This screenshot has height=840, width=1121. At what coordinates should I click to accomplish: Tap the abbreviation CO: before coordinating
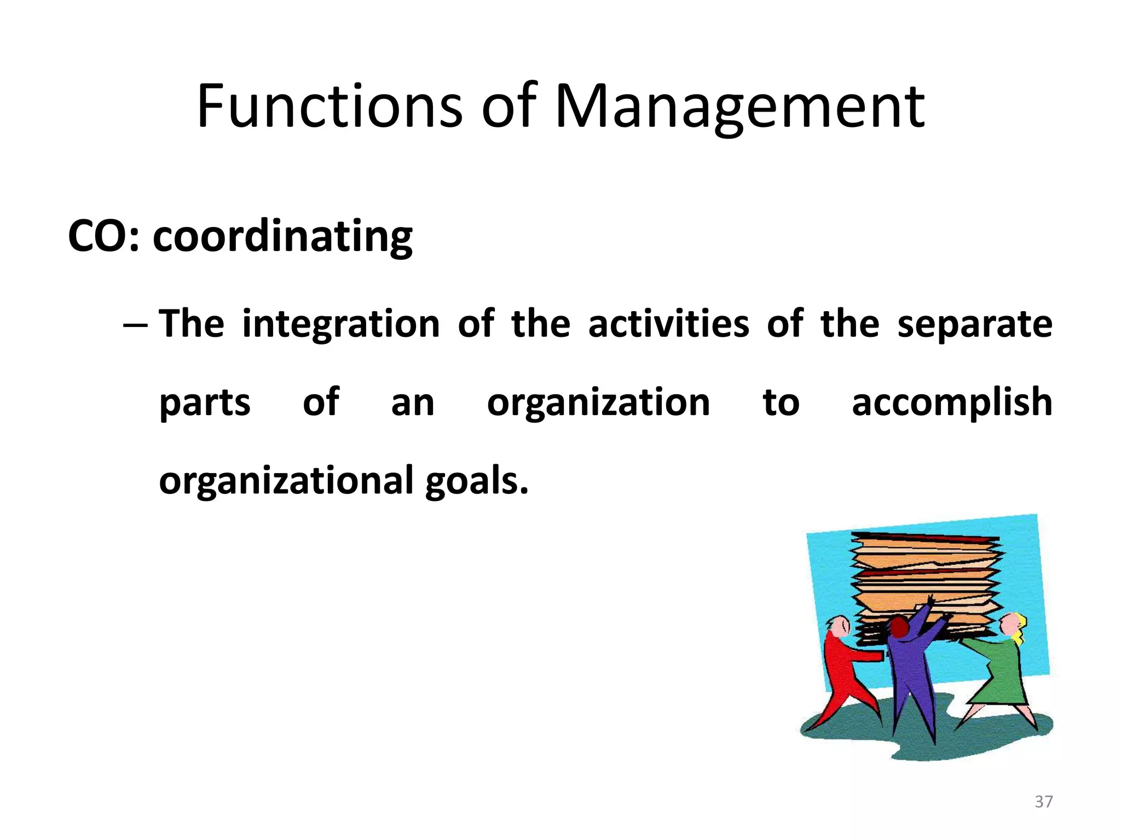click(103, 236)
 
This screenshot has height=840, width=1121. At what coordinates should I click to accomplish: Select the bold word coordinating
click(282, 237)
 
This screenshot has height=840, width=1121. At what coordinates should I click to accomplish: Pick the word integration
click(340, 324)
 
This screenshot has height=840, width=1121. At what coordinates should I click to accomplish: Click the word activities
click(668, 324)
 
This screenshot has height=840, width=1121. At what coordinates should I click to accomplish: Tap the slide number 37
click(1043, 802)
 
